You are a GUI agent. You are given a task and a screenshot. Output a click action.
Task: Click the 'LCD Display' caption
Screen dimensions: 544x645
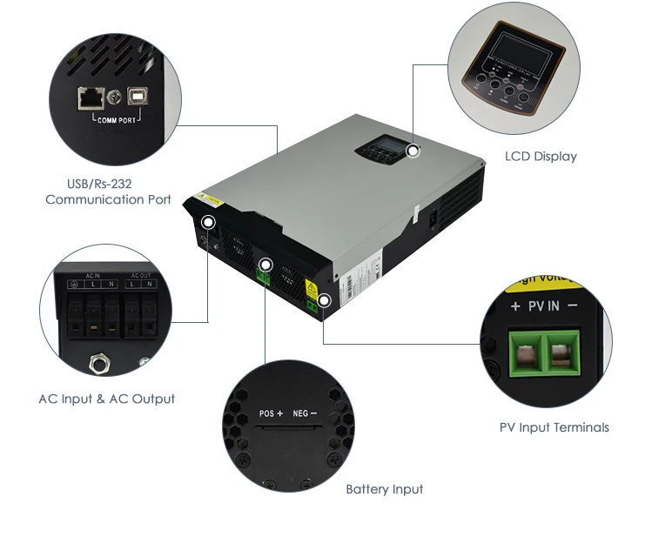(x=541, y=157)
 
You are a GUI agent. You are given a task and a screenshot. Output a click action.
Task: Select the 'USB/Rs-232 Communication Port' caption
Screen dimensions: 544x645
(x=108, y=191)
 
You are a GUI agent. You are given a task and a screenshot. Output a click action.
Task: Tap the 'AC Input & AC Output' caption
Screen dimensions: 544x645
(x=106, y=399)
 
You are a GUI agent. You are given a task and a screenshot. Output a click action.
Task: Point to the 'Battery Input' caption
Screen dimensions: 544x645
(x=384, y=489)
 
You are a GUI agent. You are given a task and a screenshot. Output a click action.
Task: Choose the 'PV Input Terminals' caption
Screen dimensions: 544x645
(x=554, y=427)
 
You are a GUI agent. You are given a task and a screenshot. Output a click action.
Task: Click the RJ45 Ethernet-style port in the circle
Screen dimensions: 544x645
(x=89, y=96)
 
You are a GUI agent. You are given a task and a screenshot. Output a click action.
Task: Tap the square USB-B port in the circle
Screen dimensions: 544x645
(x=138, y=96)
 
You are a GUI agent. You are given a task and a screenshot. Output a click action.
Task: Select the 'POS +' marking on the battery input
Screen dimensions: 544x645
(x=272, y=413)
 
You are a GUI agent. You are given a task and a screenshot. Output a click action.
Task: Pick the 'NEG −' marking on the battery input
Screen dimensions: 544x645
(x=305, y=413)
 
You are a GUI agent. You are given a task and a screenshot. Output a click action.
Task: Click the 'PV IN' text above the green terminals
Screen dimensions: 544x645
(x=547, y=306)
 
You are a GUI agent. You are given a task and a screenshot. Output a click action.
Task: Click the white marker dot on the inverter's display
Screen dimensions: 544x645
(x=413, y=151)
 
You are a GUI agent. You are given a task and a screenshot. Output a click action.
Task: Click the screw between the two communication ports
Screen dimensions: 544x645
(x=113, y=97)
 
